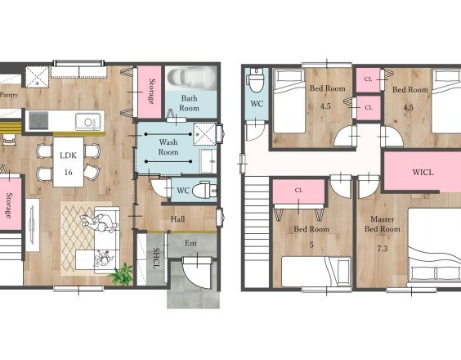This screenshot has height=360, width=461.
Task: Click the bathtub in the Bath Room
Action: click(191, 78)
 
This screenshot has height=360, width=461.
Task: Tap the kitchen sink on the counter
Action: click(87, 122)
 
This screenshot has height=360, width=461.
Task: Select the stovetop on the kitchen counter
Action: click(38, 120)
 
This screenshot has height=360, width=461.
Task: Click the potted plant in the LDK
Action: click(121, 274)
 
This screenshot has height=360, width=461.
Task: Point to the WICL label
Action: click(423, 172)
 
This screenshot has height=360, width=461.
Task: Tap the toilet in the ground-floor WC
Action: click(204, 190)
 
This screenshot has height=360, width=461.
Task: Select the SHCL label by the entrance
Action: click(156, 259)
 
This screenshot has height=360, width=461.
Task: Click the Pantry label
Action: click(9, 95)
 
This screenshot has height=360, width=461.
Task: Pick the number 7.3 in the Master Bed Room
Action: click(382, 249)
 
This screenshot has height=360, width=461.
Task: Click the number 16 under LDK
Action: click(68, 172)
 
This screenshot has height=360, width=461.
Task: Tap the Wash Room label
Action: click(168, 147)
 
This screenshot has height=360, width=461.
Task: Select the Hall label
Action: click(177, 219)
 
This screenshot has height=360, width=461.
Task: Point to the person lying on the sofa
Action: click(99, 223)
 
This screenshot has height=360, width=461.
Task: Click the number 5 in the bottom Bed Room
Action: click(311, 245)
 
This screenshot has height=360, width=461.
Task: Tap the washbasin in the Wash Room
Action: click(208, 161)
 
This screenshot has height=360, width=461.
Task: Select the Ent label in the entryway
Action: click(190, 243)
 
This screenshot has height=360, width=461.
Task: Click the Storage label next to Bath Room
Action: click(152, 92)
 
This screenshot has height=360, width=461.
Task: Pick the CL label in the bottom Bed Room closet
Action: click(298, 191)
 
